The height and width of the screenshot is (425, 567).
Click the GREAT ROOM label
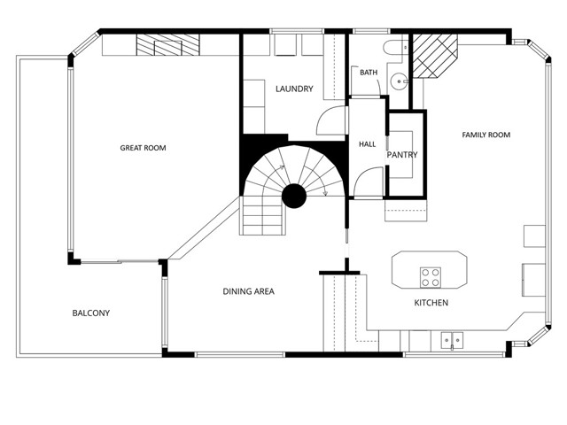coord(143,148)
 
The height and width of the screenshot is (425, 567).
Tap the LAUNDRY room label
coord(293,89)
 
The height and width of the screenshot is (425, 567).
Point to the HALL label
coord(367,143)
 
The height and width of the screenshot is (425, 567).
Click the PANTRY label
coord(402,155)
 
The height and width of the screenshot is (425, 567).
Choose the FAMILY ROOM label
coord(486,135)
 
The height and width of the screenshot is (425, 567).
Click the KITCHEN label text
coord(431,303)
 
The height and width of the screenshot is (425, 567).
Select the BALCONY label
coord(91,313)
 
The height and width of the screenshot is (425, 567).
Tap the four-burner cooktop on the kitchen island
coord(431,277)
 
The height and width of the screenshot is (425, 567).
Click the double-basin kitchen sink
coord(452,338)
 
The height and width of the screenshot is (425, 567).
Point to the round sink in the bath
coord(399,82)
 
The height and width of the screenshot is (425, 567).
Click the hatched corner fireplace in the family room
coord(436,55)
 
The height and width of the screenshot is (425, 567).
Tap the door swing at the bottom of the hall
coord(363,182)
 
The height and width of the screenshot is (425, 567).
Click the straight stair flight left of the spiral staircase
coord(262,216)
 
